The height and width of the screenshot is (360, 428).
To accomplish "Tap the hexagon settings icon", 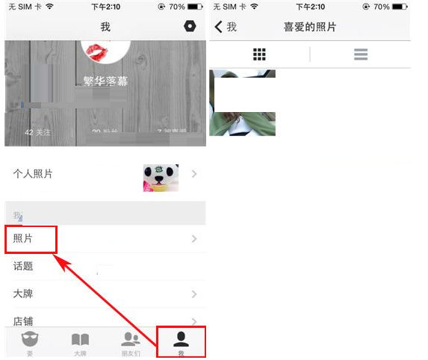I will tap(190, 26).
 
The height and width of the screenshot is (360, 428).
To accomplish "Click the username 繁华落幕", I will tap(105, 81).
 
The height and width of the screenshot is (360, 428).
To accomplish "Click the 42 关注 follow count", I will tap(38, 132).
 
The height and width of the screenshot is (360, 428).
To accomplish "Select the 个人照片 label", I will tap(33, 174).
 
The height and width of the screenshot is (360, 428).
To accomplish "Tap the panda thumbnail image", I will tap(161, 178).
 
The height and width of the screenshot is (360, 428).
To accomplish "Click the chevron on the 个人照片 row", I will tap(194, 174).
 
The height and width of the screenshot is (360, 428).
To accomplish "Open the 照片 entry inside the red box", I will tap(30, 239).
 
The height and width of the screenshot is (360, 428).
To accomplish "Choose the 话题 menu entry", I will tap(24, 266).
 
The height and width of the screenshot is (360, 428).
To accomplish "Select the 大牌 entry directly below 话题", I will tap(24, 294).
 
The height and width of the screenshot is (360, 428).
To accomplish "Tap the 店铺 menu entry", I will tap(24, 321).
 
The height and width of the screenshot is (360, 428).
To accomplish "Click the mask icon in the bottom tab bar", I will tap(30, 340).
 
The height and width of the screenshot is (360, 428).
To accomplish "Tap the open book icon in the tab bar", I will tap(80, 340).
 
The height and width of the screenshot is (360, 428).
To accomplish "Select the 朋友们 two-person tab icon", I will tap(131, 340).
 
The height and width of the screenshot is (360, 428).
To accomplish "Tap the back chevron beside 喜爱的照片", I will tap(219, 27).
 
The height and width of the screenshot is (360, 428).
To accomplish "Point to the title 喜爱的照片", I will tap(309, 27).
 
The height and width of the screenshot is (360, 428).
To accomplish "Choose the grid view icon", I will tap(259, 55).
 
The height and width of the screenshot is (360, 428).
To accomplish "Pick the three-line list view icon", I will tap(361, 55).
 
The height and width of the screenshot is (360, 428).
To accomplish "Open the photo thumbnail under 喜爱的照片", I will tap(243, 102).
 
